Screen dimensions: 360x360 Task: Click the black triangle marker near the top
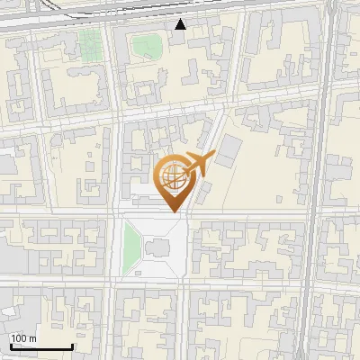(x=181, y=24)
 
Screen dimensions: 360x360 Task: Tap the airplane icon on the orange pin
(x=197, y=164)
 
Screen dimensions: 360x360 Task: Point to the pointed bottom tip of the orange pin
(x=173, y=211)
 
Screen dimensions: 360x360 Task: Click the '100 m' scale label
(x=23, y=337)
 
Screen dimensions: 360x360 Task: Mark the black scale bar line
(x=40, y=346)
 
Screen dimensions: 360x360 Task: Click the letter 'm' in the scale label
(x=32, y=337)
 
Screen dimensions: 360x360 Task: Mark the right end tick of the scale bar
(x=72, y=346)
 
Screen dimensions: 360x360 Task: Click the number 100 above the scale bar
(x=19, y=337)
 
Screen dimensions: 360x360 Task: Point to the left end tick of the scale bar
(x=10, y=346)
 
